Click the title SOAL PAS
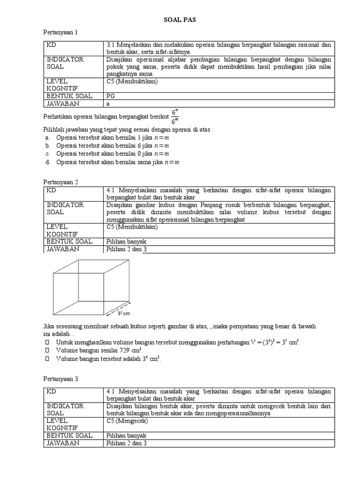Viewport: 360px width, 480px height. (x=180, y=20)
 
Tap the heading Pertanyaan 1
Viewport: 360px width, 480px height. (x=60, y=32)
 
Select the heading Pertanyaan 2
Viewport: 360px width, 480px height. (x=60, y=182)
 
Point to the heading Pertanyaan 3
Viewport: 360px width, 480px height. (x=60, y=379)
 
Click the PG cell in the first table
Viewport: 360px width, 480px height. (x=111, y=96)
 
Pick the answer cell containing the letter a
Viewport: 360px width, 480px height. (x=108, y=104)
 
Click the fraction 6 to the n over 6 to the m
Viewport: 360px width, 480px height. (x=175, y=117)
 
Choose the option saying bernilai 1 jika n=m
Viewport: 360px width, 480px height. (x=112, y=138)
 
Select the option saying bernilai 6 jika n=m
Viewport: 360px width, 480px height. (x=112, y=146)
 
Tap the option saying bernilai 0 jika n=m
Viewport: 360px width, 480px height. (x=112, y=154)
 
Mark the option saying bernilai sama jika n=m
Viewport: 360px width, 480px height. (x=118, y=162)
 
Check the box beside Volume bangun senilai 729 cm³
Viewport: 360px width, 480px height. (x=47, y=350)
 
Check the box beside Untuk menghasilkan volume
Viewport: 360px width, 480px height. (x=47, y=342)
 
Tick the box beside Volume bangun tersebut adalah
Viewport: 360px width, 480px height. (x=47, y=359)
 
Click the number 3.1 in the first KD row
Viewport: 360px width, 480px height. (x=111, y=45)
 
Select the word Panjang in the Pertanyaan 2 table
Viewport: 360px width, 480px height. (x=211, y=205)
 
